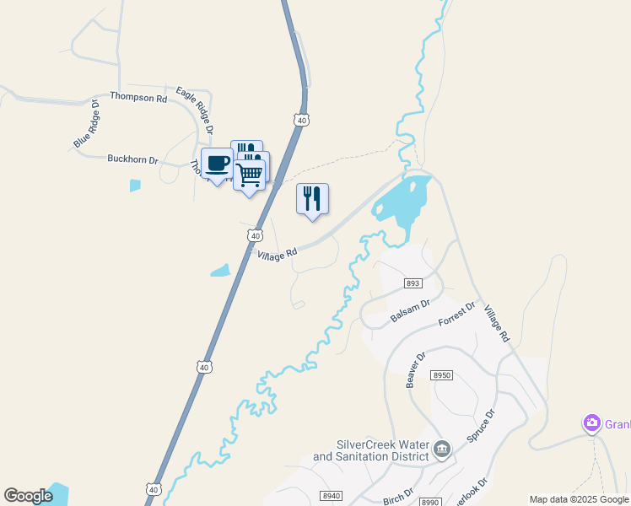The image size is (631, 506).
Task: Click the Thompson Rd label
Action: click(138, 98)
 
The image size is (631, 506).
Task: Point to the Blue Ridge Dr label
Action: click(86, 125)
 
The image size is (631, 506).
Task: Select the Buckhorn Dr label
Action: click(132, 159)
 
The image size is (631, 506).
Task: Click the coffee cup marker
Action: click(218, 163)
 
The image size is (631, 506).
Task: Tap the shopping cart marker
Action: click(249, 175)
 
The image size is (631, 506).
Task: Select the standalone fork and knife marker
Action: click(312, 199)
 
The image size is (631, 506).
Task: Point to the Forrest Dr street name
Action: click(457, 314)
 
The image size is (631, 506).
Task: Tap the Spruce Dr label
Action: click(483, 428)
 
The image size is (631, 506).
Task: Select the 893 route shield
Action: click(413, 283)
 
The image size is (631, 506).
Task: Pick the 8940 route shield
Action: click(332, 496)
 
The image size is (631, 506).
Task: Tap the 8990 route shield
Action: click(430, 501)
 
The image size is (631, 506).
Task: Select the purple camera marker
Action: click(591, 423)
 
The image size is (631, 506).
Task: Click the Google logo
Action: click(28, 496)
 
